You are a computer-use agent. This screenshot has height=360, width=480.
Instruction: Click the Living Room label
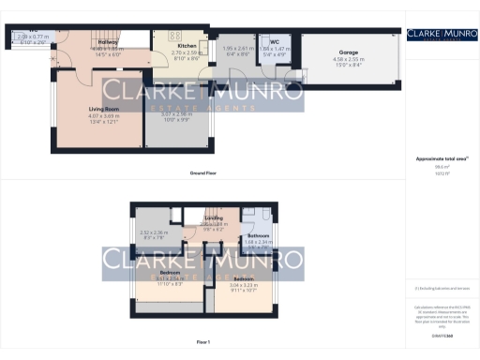point(92,109)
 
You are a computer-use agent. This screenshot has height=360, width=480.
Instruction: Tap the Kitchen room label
point(187,45)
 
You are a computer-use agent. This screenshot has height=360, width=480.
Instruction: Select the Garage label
point(347,53)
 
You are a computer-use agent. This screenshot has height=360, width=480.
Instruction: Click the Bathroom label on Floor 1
point(258,234)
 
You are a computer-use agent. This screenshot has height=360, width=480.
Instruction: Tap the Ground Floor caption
point(202,174)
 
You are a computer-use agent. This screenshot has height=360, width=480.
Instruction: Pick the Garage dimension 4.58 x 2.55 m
point(347,60)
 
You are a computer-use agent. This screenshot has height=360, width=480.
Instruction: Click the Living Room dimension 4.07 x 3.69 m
point(92,115)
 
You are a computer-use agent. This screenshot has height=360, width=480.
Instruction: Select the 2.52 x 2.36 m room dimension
point(153,232)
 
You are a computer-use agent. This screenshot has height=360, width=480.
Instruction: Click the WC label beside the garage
point(275,42)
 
